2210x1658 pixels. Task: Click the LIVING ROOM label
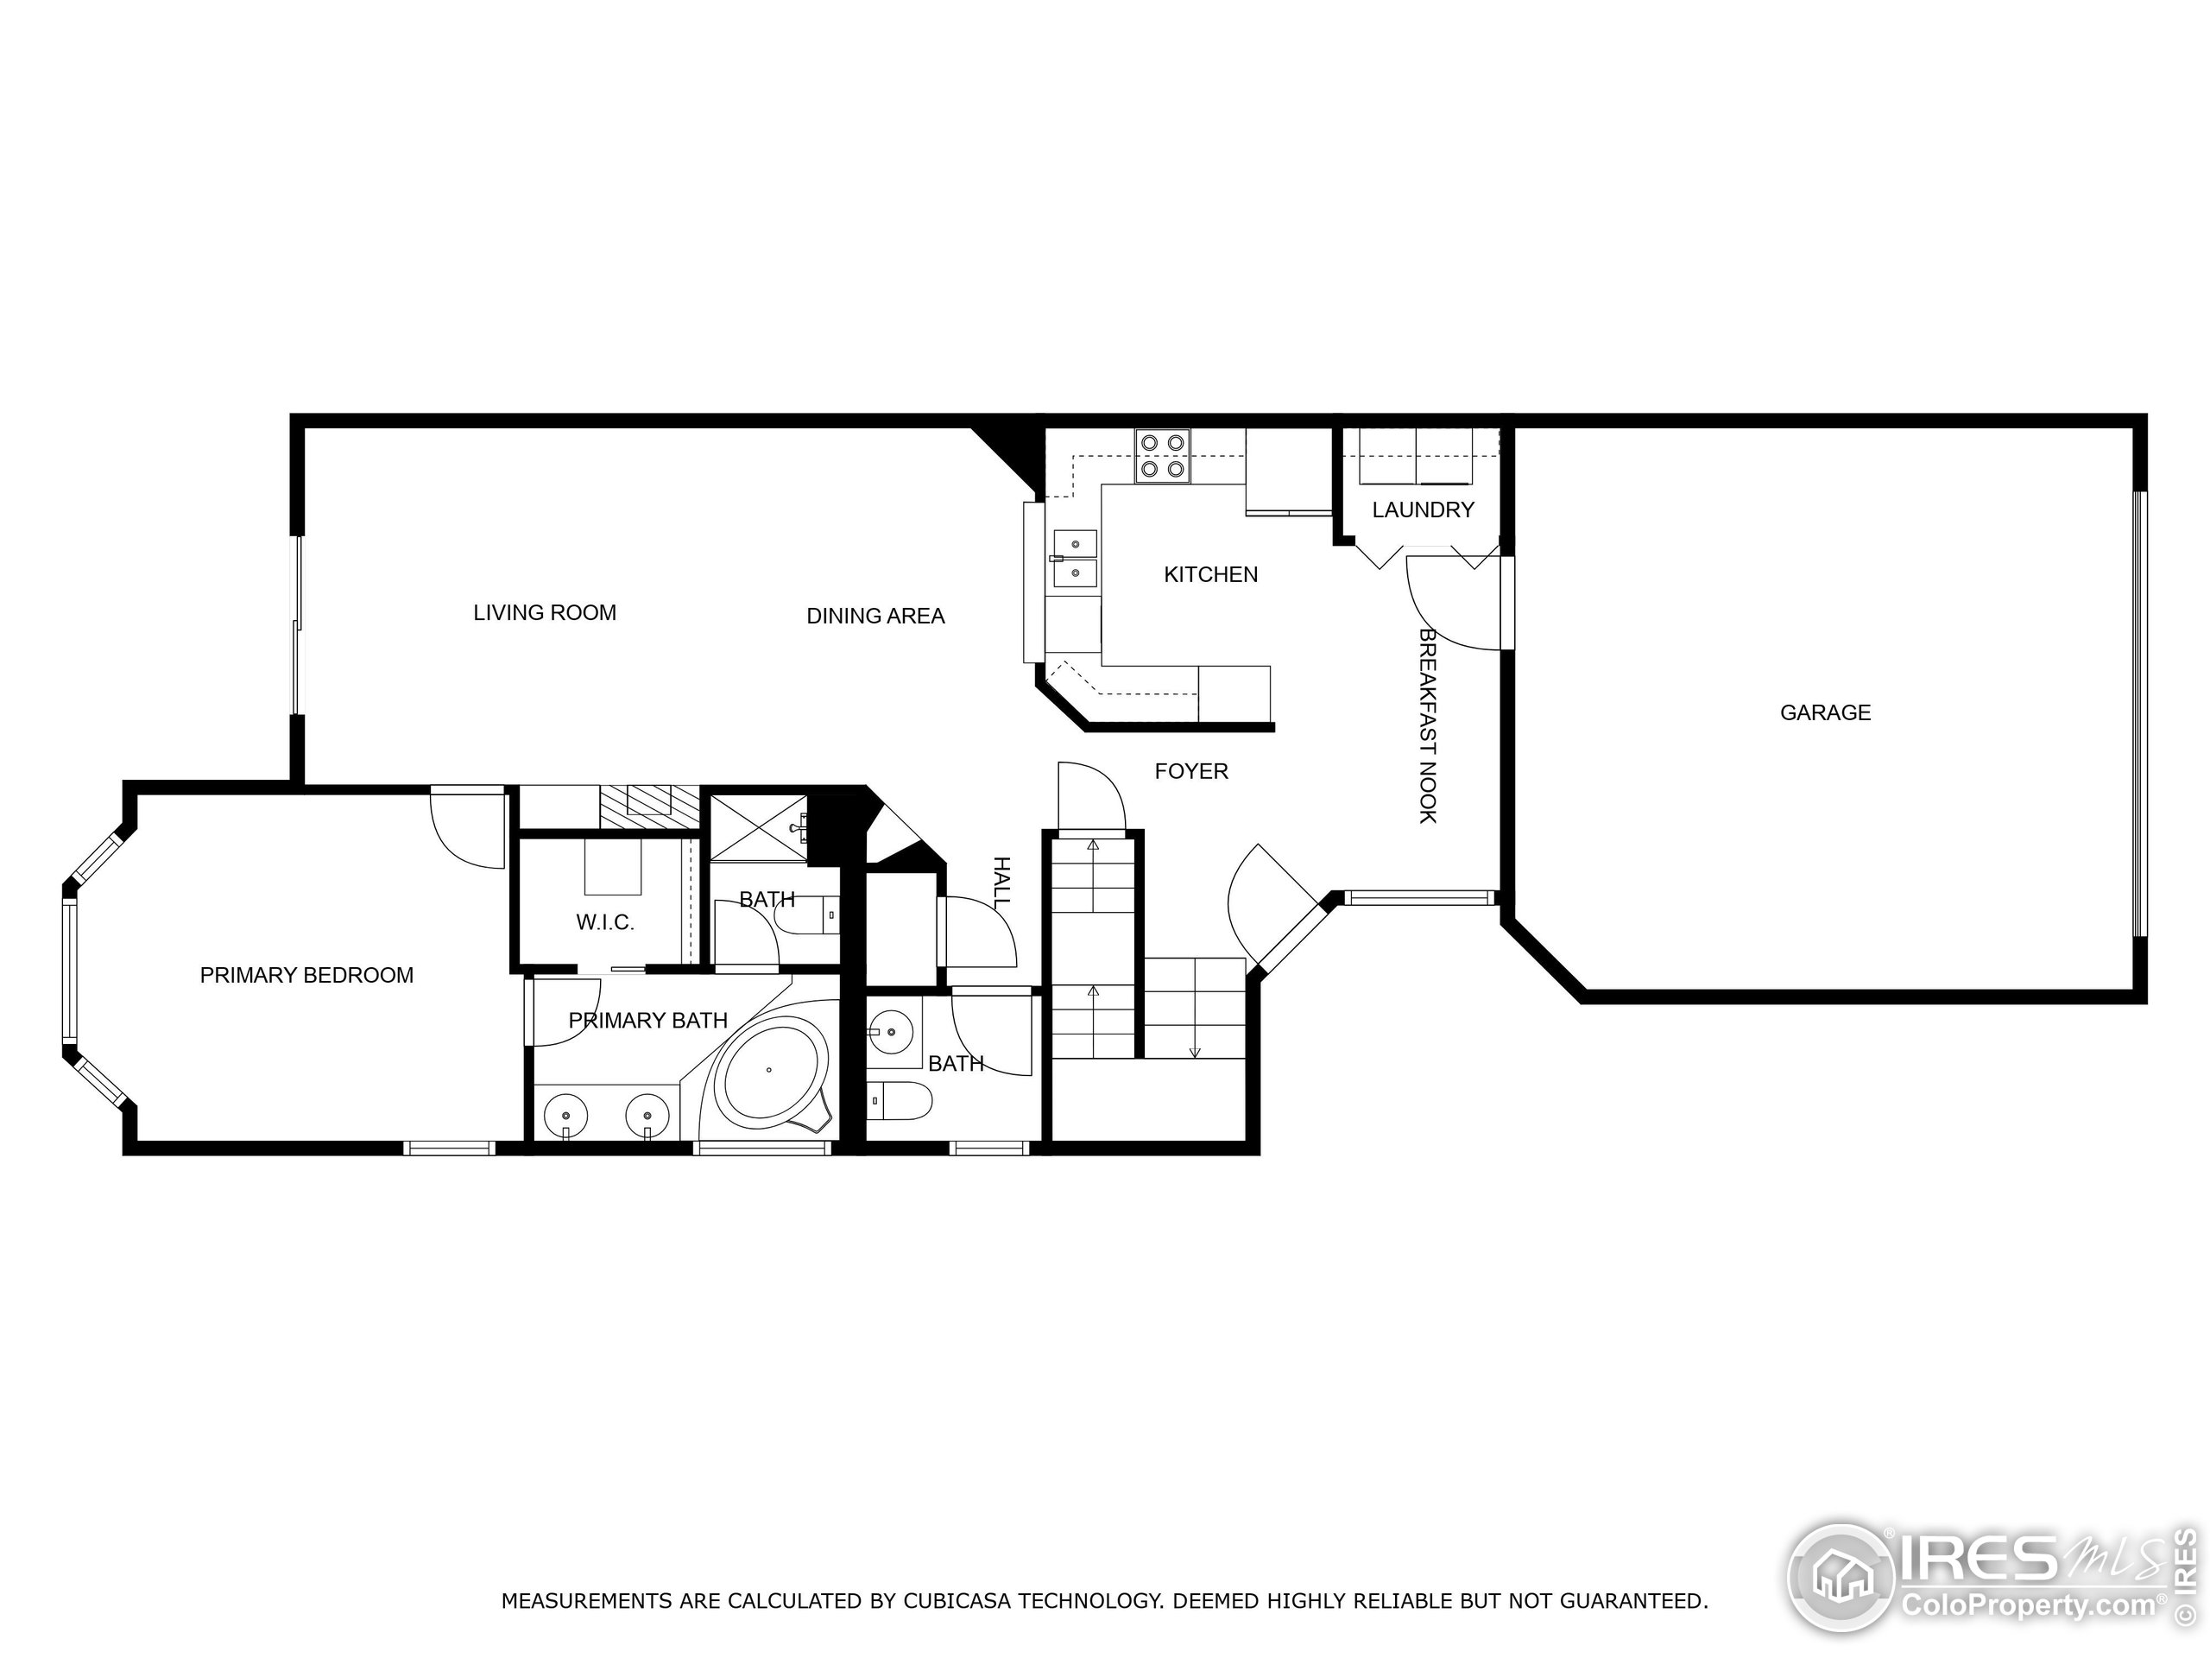pos(545,612)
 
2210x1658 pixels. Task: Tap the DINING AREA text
pos(875,617)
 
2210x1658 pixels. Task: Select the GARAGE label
pos(1824,712)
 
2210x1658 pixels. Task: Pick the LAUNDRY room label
pos(1422,509)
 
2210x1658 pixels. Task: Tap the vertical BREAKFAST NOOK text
pos(1428,725)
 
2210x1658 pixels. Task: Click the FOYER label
pos(1191,770)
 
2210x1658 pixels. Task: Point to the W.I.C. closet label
pos(604,922)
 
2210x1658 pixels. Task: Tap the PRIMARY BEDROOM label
pos(306,976)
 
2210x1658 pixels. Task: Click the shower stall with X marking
pos(756,826)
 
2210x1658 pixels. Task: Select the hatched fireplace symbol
pos(648,806)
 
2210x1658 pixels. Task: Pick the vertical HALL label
pos(1001,882)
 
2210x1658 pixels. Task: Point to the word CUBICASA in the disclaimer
pos(960,1601)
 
